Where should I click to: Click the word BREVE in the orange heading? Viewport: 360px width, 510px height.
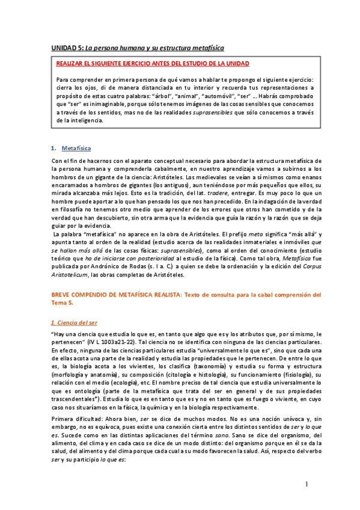62,295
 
